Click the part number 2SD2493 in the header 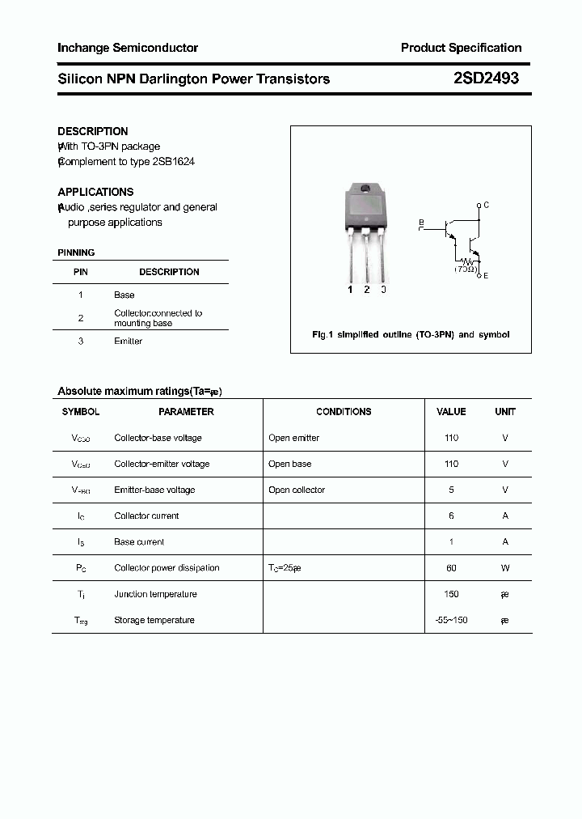485,79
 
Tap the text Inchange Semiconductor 128,48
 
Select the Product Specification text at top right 461,48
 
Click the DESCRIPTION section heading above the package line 93,131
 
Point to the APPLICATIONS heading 95,192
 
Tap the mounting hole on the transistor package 365,190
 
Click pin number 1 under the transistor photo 350,290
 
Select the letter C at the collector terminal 486,205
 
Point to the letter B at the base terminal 420,221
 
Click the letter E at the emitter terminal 486,276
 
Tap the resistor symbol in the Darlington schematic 466,260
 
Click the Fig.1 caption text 411,334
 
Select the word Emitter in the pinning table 128,341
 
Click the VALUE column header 451,411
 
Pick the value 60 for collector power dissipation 451,568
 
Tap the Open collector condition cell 297,490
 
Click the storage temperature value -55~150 451,620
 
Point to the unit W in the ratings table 505,568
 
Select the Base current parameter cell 139,542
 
